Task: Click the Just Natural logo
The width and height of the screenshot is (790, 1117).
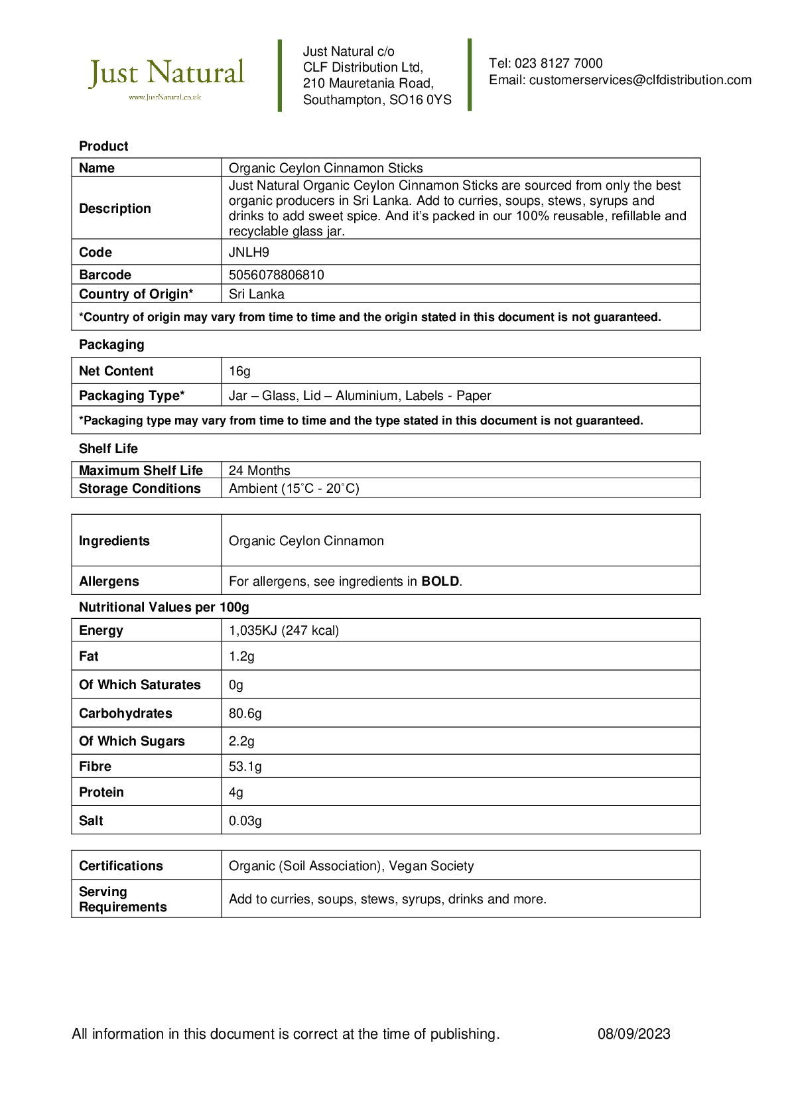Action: click(166, 76)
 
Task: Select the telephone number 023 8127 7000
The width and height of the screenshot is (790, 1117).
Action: click(559, 64)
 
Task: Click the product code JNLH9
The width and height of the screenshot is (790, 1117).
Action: click(249, 252)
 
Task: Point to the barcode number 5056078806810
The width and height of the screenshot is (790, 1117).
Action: click(276, 275)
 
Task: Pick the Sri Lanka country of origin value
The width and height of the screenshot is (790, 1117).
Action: click(256, 294)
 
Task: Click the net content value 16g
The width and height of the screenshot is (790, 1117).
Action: click(239, 371)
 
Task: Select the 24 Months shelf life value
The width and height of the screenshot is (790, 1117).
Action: click(259, 470)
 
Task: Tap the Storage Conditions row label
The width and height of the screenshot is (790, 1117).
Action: click(139, 488)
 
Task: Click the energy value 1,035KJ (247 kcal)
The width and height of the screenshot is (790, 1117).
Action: click(283, 630)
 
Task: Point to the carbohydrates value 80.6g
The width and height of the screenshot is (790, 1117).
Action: click(245, 713)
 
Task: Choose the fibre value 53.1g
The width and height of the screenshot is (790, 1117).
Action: click(245, 766)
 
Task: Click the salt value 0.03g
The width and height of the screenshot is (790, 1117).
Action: click(245, 821)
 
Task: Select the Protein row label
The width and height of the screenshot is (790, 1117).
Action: click(101, 792)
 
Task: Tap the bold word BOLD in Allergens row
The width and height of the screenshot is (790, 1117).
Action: click(440, 581)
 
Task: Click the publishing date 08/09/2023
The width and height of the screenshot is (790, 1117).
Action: click(633, 1033)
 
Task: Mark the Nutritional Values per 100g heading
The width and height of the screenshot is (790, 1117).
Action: click(164, 607)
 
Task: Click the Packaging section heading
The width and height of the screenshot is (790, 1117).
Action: click(111, 344)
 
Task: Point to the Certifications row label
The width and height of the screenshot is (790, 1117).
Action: click(121, 866)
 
